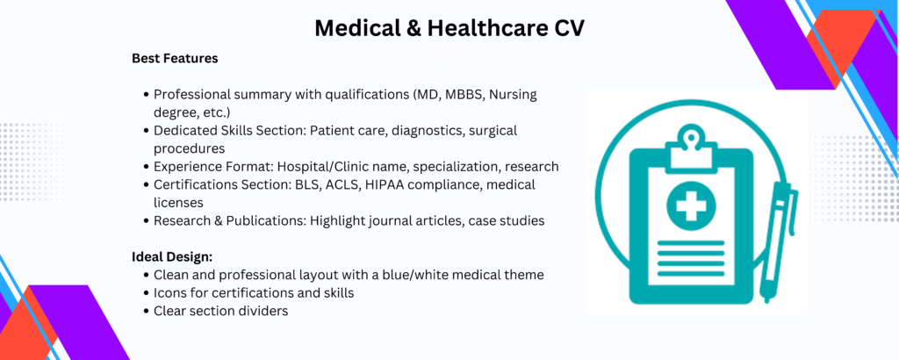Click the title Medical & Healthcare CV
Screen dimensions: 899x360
pos(449,28)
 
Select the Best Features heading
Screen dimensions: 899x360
pos(175,59)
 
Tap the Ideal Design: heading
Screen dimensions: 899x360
pos(173,256)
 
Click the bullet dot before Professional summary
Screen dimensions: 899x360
pos(147,95)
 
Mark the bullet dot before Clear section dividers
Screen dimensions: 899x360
pos(147,312)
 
